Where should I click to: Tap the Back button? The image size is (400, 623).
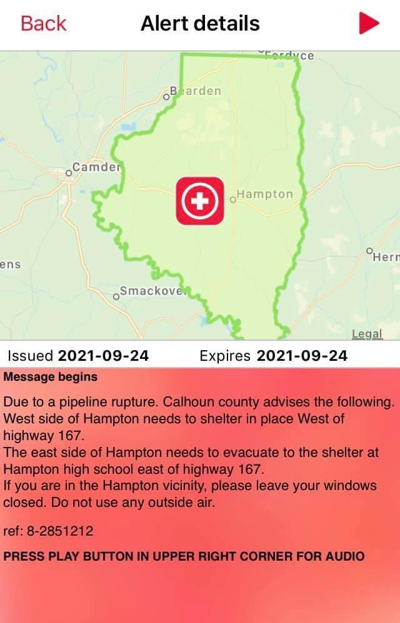(x=43, y=24)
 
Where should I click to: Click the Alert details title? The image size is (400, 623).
(x=200, y=24)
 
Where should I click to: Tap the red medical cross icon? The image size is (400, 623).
(x=199, y=200)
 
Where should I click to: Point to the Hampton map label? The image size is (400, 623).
(x=264, y=194)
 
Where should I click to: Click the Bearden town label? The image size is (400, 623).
(x=196, y=91)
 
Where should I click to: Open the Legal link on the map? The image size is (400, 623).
(x=367, y=333)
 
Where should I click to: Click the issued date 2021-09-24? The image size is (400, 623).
(x=103, y=356)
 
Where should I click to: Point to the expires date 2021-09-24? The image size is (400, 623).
(x=302, y=356)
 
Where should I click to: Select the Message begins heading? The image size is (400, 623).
(x=51, y=377)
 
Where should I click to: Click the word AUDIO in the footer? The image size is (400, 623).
(x=342, y=556)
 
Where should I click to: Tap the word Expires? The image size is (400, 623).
(x=225, y=356)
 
